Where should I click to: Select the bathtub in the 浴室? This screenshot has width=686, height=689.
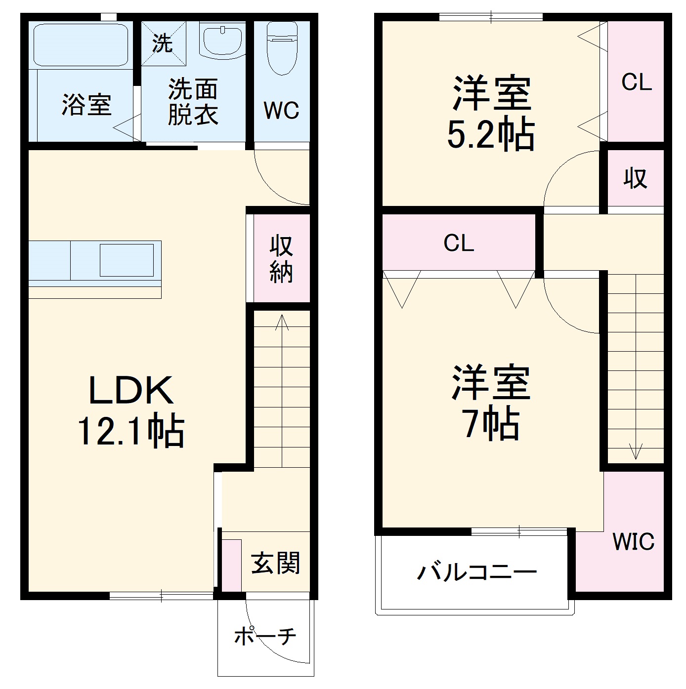(81, 44)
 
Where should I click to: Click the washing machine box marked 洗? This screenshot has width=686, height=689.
(163, 43)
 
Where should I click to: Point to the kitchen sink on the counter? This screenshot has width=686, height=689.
(127, 260)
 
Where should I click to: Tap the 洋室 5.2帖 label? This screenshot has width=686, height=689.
(491, 114)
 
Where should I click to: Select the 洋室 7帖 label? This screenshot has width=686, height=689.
(491, 403)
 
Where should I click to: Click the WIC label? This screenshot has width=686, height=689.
(633, 542)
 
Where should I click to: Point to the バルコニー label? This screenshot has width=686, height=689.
(476, 572)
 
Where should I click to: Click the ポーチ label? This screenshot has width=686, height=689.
(265, 636)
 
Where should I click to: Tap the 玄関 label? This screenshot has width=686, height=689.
(275, 563)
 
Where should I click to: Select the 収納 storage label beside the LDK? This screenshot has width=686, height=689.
(281, 259)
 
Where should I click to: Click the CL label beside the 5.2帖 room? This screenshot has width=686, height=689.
(637, 82)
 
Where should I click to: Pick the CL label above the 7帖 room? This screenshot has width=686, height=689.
(459, 243)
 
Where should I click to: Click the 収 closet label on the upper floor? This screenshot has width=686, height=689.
(635, 178)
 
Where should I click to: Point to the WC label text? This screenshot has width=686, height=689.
(281, 111)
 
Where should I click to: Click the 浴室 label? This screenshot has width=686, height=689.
(86, 105)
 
